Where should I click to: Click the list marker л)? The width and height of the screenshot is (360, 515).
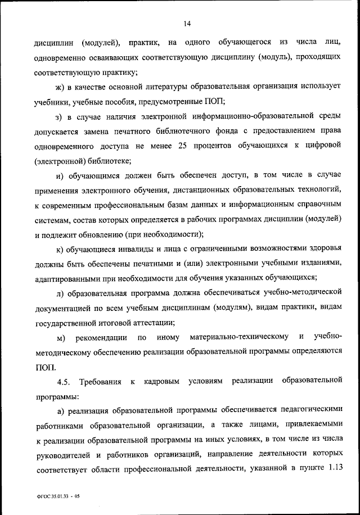60,293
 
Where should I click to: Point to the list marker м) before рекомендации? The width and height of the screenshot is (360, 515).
62,337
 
